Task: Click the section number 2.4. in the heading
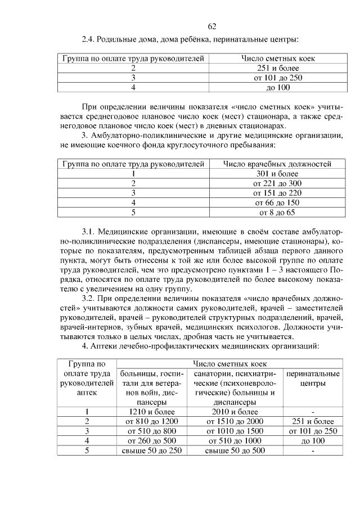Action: coord(89,39)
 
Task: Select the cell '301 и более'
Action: coord(277,174)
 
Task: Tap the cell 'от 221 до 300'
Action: coord(277,183)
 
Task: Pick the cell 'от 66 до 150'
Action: coord(277,202)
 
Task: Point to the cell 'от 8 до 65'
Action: coord(277,212)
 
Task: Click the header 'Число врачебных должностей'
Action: coord(277,164)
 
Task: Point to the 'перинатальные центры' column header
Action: coord(313,378)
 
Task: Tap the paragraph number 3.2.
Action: coord(91,298)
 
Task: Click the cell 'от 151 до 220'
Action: coord(277,193)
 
